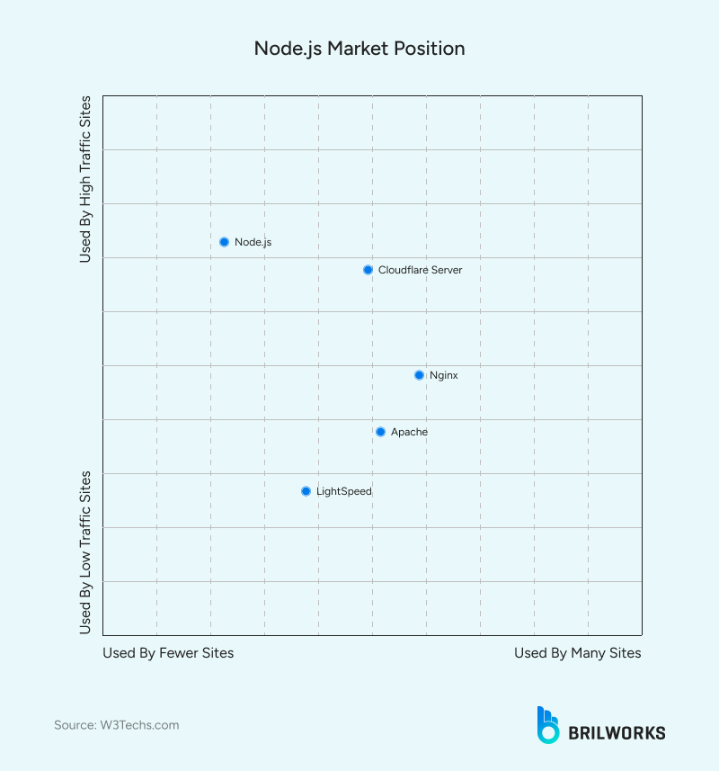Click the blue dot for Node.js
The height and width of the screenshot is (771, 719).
(x=224, y=242)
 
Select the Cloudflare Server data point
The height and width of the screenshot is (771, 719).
(x=368, y=270)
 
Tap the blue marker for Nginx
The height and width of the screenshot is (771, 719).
(x=419, y=375)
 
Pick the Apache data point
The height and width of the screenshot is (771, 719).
(x=380, y=432)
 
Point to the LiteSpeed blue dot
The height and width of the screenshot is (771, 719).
(x=306, y=491)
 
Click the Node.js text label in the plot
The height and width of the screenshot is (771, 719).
(x=253, y=242)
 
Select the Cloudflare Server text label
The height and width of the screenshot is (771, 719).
(x=420, y=270)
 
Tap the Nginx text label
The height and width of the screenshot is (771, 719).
(x=444, y=375)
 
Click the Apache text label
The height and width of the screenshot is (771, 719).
(x=409, y=432)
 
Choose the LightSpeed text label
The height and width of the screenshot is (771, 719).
(x=343, y=491)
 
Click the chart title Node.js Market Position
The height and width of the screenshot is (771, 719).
(x=359, y=48)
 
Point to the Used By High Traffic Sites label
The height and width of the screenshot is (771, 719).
(x=85, y=178)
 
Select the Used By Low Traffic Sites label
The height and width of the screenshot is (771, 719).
(x=85, y=551)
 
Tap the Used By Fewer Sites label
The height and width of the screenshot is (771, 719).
(x=168, y=653)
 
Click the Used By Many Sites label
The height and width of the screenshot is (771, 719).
(x=577, y=653)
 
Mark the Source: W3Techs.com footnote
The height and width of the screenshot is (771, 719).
(x=116, y=725)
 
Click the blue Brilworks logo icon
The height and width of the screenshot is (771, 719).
(x=547, y=725)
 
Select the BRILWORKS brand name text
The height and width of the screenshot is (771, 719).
(x=617, y=732)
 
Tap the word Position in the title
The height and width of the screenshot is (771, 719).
(x=430, y=48)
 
